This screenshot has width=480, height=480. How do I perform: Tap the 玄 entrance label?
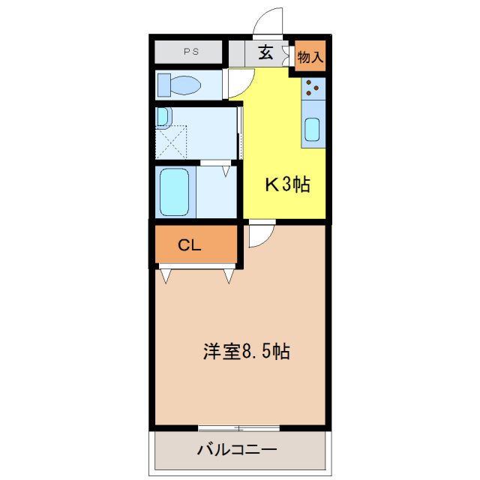pyautogui.click(x=265, y=52)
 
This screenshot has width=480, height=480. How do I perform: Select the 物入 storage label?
pyautogui.click(x=309, y=55)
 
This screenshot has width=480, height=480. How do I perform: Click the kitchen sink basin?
pyautogui.click(x=313, y=132)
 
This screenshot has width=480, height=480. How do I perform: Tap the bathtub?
pyautogui.click(x=174, y=191)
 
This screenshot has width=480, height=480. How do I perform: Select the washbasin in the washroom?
pyautogui.click(x=163, y=117)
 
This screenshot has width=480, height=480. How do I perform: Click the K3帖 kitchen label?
pyautogui.click(x=286, y=184)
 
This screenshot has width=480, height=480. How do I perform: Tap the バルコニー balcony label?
pyautogui.click(x=237, y=451)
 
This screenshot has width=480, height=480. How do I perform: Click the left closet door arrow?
pyautogui.click(x=165, y=276)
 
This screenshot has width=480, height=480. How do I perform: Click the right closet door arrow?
pyautogui.click(x=229, y=276)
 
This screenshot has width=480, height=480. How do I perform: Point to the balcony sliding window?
pyautogui.click(x=238, y=428)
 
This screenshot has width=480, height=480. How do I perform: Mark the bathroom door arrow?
pyautogui.click(x=224, y=172)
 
